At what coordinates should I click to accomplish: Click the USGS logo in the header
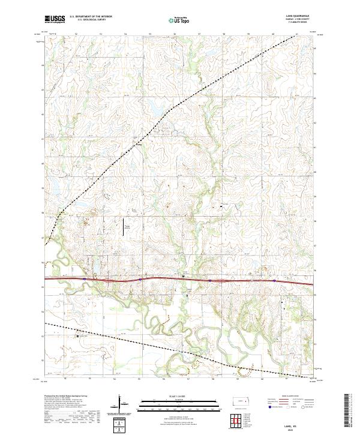pos(55,19)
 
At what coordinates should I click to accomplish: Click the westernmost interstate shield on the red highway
pos(85,279)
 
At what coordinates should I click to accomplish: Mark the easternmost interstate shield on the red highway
pos(274,280)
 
